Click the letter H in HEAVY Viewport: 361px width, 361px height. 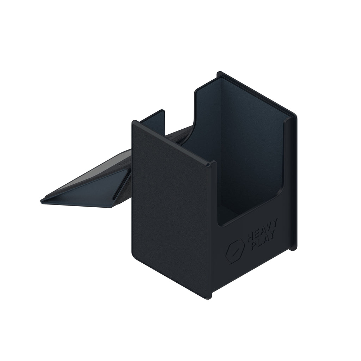(x=251, y=237)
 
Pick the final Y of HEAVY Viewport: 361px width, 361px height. (x=275, y=223)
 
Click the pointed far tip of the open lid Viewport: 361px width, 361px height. (x=42, y=201)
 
